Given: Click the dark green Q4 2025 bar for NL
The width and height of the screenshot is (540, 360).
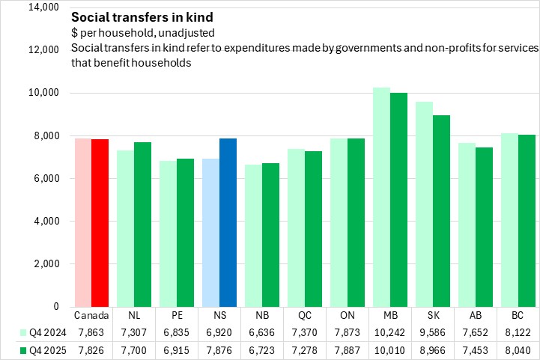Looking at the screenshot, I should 143,225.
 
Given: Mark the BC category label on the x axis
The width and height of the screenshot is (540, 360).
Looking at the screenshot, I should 518,316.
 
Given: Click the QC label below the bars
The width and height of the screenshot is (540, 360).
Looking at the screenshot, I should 306,316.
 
